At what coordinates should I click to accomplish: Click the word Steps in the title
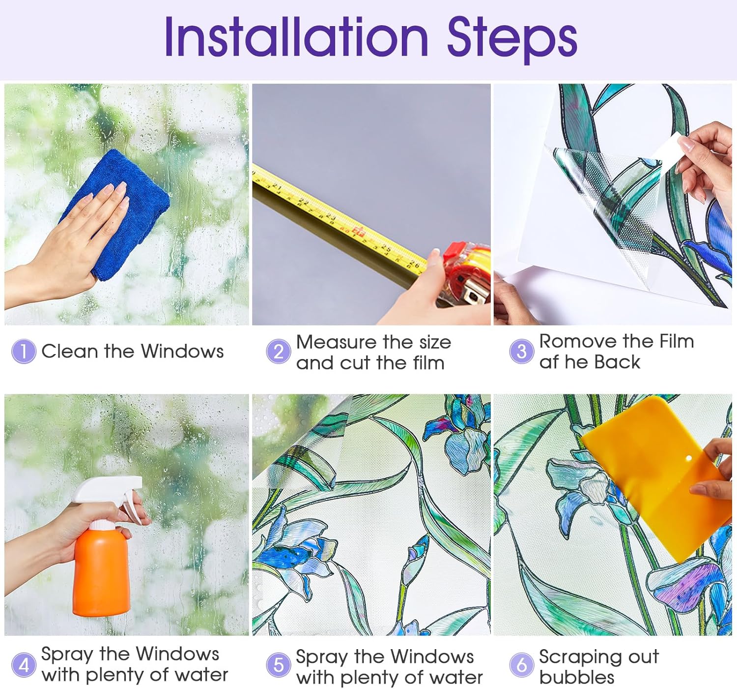[x=512, y=40]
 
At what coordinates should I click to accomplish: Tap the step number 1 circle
[x=24, y=351]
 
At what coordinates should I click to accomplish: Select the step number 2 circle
[x=278, y=352]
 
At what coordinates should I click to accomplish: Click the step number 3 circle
[x=521, y=351]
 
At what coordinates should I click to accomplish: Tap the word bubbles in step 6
[x=577, y=677]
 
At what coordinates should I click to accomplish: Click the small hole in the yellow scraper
[x=689, y=458]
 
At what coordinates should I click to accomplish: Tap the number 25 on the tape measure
[x=386, y=248]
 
